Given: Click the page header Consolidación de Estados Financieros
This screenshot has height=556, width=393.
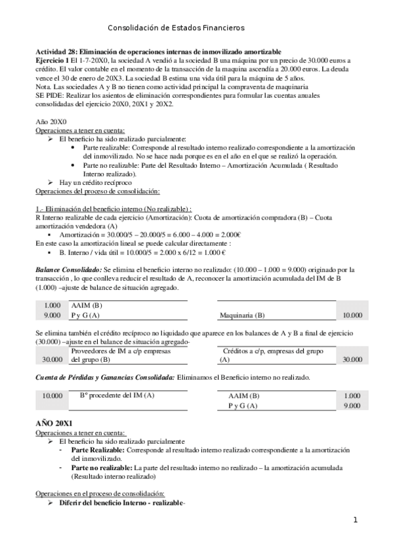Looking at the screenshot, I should click(175, 28).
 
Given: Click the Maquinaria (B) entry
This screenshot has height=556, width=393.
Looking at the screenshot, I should click(242, 315).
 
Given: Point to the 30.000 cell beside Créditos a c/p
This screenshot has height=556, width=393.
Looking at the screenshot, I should click(352, 359).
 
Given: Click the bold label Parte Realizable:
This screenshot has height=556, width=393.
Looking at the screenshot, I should click(94, 451).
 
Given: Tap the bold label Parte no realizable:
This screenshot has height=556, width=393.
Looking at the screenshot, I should click(101, 469).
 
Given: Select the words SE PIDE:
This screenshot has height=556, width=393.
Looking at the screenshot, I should click(49, 95).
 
